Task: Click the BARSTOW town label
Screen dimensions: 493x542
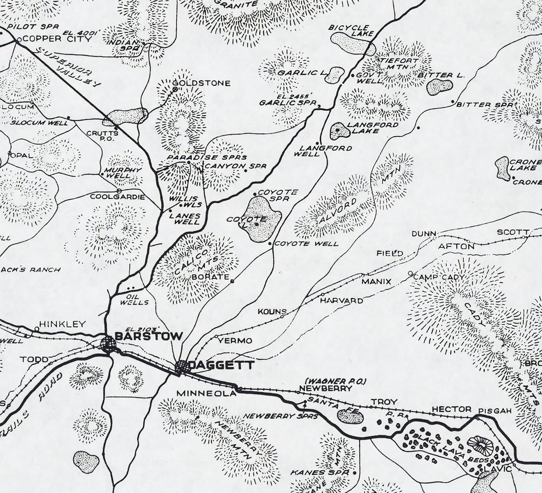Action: pyautogui.click(x=148, y=336)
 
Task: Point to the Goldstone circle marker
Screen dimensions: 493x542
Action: pyautogui.click(x=175, y=89)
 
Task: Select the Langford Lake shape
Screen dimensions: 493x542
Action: pyautogui.click(x=338, y=131)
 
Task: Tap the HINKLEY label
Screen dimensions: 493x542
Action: pyautogui.click(x=63, y=324)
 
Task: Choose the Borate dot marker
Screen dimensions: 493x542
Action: pyautogui.click(x=232, y=281)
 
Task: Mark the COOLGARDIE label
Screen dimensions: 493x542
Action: pyautogui.click(x=117, y=197)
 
